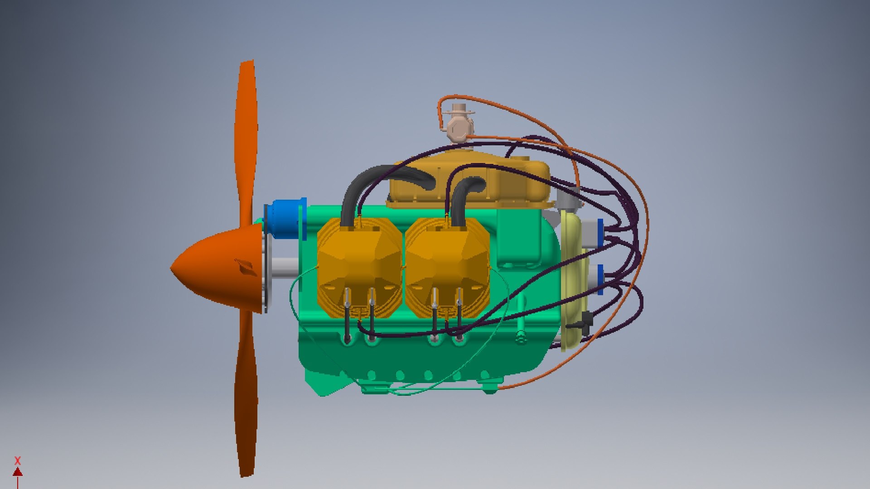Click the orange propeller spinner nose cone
tap(213, 267)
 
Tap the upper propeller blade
tap(246, 136)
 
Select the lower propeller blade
tap(246, 398)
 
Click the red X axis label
tap(18, 461)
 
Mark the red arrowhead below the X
tap(18, 472)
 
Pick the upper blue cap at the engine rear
tap(600, 233)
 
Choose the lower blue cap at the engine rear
tap(600, 278)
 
